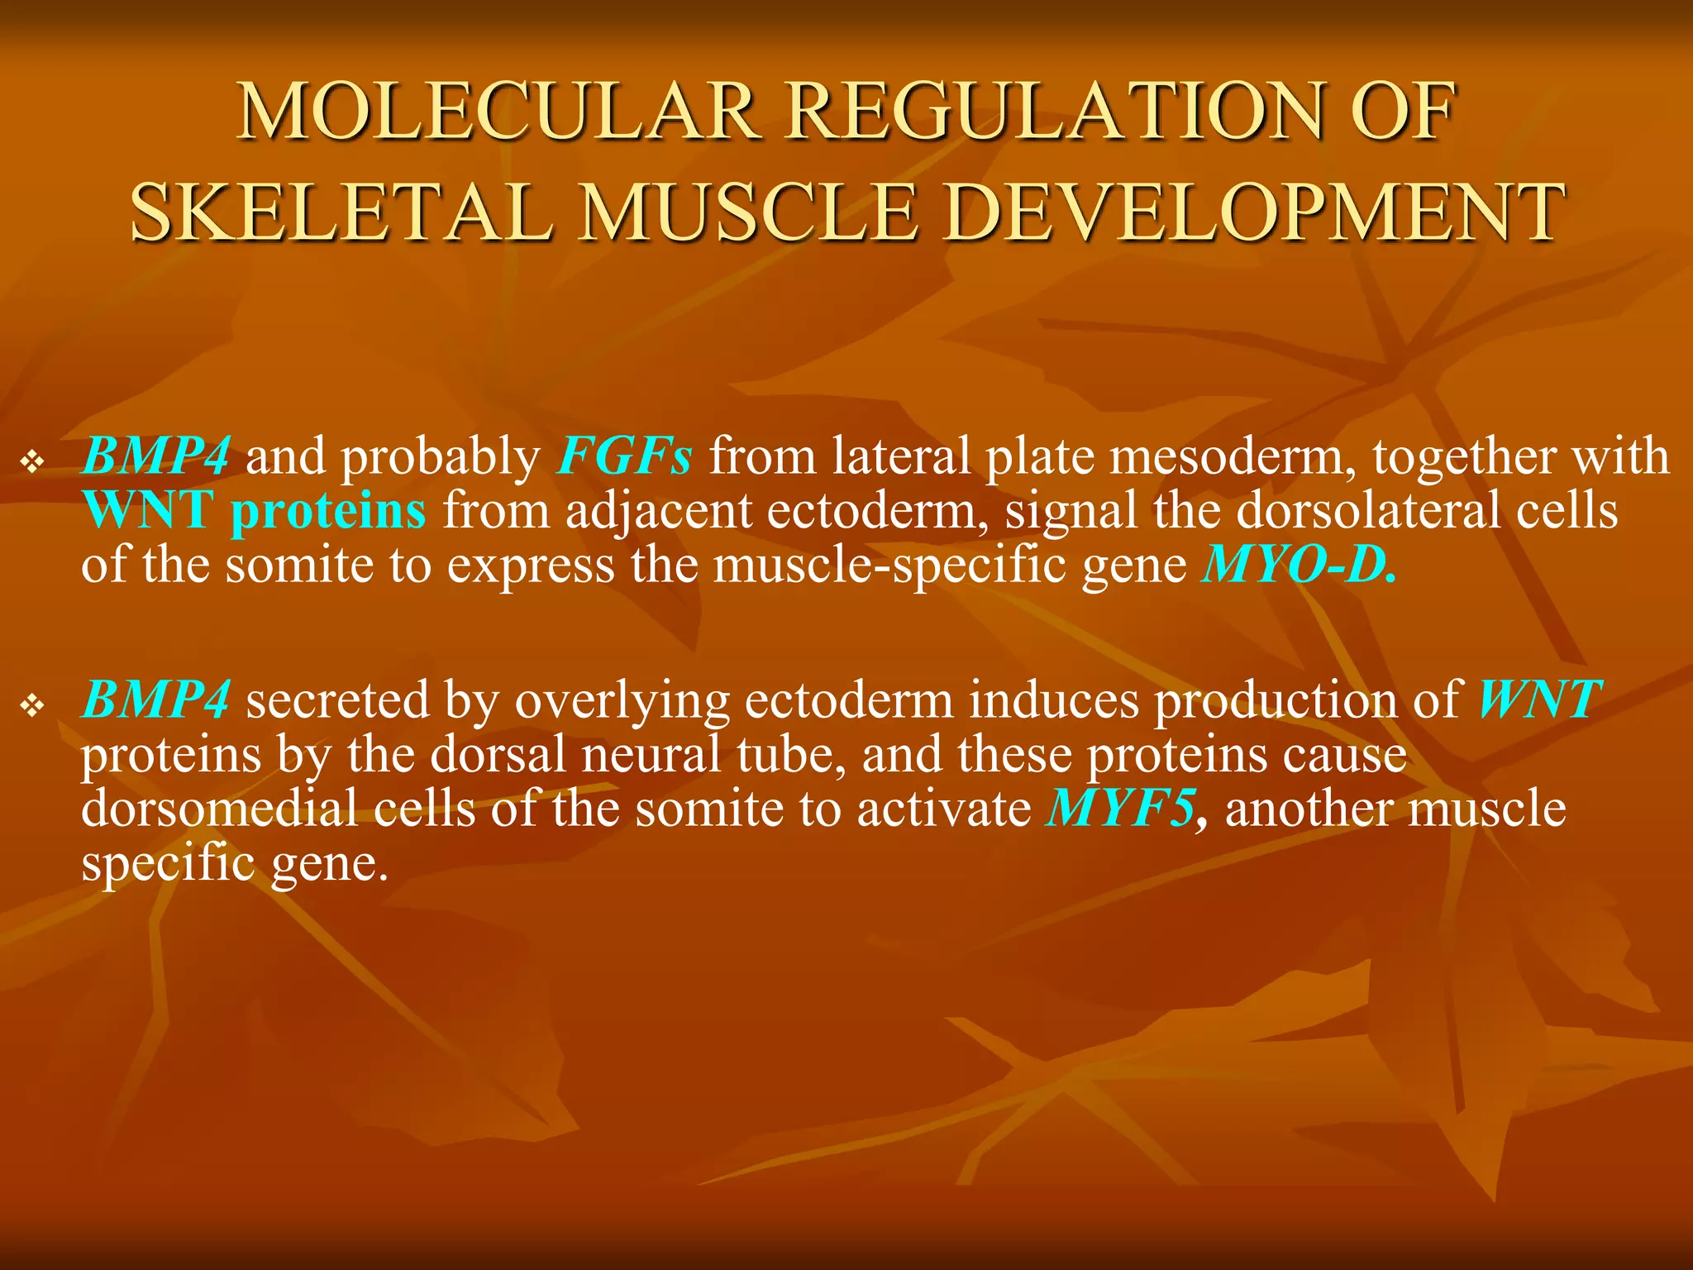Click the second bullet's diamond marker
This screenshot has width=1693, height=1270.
32,705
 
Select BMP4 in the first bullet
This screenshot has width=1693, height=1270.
155,456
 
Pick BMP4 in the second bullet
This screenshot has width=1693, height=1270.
155,699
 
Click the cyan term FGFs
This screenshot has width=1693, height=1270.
624,456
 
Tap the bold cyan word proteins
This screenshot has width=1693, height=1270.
328,511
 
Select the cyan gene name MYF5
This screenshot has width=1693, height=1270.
1121,809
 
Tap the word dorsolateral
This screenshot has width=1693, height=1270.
1367,511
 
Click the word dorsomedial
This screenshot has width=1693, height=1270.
219,809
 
